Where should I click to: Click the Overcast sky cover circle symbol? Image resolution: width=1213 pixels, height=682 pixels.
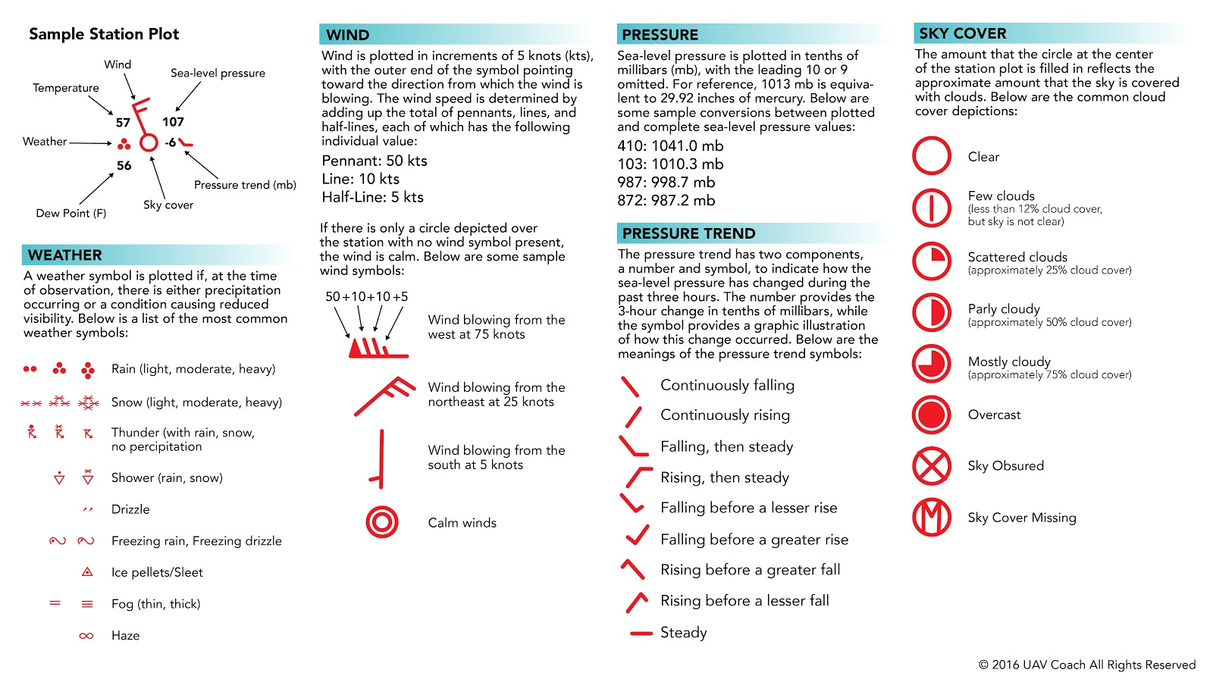tap(931, 415)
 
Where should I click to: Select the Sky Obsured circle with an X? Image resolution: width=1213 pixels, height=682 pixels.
tap(931, 466)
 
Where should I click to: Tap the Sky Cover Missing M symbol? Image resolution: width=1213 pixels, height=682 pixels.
tap(931, 518)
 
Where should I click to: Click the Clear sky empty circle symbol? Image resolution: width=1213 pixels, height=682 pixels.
tap(931, 156)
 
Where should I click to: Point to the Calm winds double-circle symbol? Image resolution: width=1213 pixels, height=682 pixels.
tap(381, 522)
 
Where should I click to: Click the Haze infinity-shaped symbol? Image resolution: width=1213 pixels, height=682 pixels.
tap(86, 636)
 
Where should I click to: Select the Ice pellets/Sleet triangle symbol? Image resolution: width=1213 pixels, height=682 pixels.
tap(87, 572)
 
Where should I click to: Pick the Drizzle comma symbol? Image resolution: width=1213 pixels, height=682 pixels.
tap(87, 509)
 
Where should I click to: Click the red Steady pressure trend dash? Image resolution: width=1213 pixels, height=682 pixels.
tap(641, 633)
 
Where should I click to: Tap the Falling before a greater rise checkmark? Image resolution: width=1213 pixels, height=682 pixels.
tap(637, 537)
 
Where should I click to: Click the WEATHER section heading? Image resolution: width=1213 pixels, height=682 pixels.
tap(65, 255)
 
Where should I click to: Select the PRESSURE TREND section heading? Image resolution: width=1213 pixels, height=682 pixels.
tap(688, 233)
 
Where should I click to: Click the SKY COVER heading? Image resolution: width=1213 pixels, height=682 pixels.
tap(963, 33)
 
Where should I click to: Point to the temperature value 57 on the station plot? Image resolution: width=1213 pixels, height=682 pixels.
tap(123, 122)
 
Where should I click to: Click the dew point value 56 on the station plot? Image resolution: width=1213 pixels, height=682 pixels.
tap(124, 165)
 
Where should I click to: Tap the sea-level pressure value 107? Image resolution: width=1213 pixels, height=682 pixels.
tap(173, 121)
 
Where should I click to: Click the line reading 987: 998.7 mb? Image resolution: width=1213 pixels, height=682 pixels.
tap(666, 182)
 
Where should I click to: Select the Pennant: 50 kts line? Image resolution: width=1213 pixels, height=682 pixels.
tap(375, 161)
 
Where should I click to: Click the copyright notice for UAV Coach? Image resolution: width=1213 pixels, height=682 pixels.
tap(1086, 665)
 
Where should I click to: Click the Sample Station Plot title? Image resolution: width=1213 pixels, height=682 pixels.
tap(104, 34)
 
